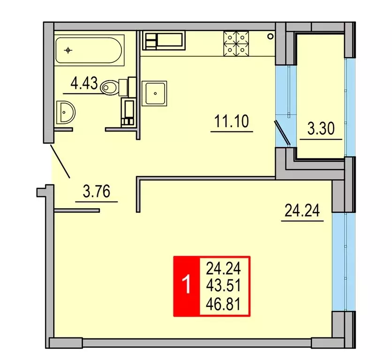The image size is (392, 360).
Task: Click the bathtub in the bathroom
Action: click(89, 50)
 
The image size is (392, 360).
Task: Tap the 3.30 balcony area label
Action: click(320, 128)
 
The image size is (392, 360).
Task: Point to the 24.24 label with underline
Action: click(302, 211)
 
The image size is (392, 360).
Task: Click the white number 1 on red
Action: click(186, 285)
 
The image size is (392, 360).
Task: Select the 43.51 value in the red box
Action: click(223, 286)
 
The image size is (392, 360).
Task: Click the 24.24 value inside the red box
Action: click(223, 269)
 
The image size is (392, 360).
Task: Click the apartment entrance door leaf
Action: click(60, 160)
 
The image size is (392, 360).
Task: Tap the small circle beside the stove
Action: click(271, 36)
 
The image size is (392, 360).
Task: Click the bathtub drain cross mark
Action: click(68, 50)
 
